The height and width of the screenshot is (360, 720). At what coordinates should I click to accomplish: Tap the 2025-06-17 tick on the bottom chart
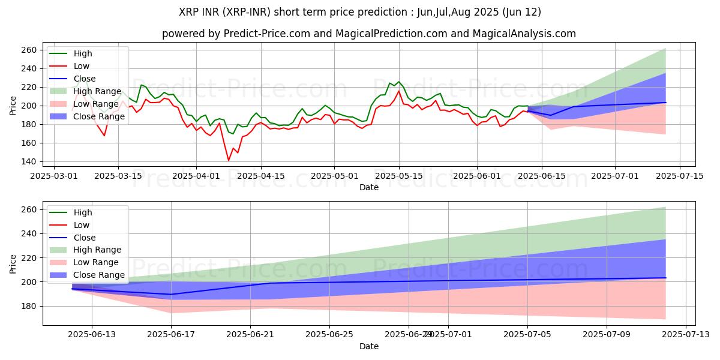[171, 335]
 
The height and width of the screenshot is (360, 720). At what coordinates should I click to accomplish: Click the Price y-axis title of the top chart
[13, 106]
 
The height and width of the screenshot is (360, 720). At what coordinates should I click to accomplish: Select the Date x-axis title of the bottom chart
[368, 347]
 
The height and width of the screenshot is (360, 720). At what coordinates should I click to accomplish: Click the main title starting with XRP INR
[368, 12]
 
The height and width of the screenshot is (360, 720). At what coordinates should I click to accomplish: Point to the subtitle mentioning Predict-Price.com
[368, 34]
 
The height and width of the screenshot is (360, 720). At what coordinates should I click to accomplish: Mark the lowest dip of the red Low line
[229, 160]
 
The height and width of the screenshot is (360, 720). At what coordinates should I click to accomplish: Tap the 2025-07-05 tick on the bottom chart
[527, 335]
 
